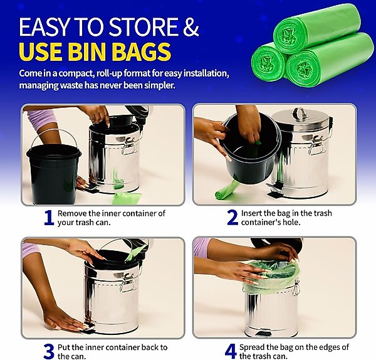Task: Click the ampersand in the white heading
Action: [x=191, y=26]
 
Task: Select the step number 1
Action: [x=50, y=218]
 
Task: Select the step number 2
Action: [x=232, y=218]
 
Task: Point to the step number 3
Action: [x=49, y=352]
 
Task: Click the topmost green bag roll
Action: [x=316, y=29]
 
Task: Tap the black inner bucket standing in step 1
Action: [x=54, y=173]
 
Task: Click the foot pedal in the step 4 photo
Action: [x=264, y=334]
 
